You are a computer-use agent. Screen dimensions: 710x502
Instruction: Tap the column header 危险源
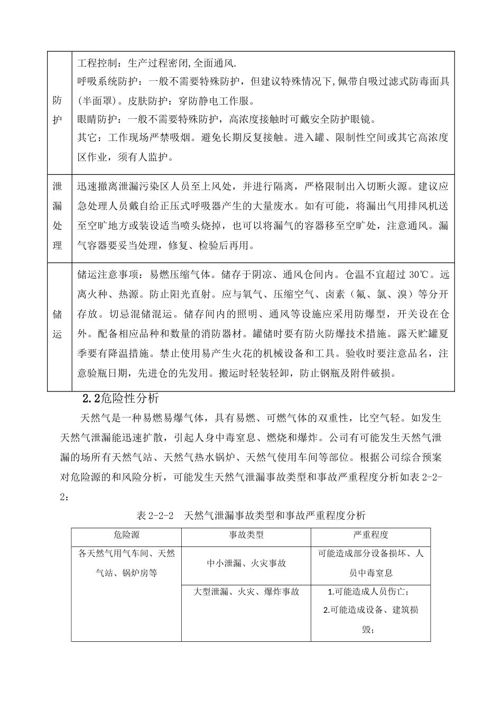pyautogui.click(x=126, y=535)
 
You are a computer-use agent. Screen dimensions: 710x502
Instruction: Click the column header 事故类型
pyautogui.click(x=246, y=535)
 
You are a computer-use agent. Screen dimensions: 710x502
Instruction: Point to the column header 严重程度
pyautogui.click(x=370, y=535)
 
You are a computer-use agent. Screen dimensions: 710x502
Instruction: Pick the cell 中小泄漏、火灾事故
pyautogui.click(x=246, y=563)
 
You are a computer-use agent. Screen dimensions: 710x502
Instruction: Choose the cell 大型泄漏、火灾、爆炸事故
pyautogui.click(x=246, y=592)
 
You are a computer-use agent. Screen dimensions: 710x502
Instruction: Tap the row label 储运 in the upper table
pyautogui.click(x=58, y=324)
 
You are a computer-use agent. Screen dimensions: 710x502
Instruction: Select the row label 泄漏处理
pyautogui.click(x=58, y=216)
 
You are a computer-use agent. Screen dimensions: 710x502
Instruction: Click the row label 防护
pyautogui.click(x=58, y=110)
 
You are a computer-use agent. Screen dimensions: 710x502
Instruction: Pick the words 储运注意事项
pyautogui.click(x=109, y=275)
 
